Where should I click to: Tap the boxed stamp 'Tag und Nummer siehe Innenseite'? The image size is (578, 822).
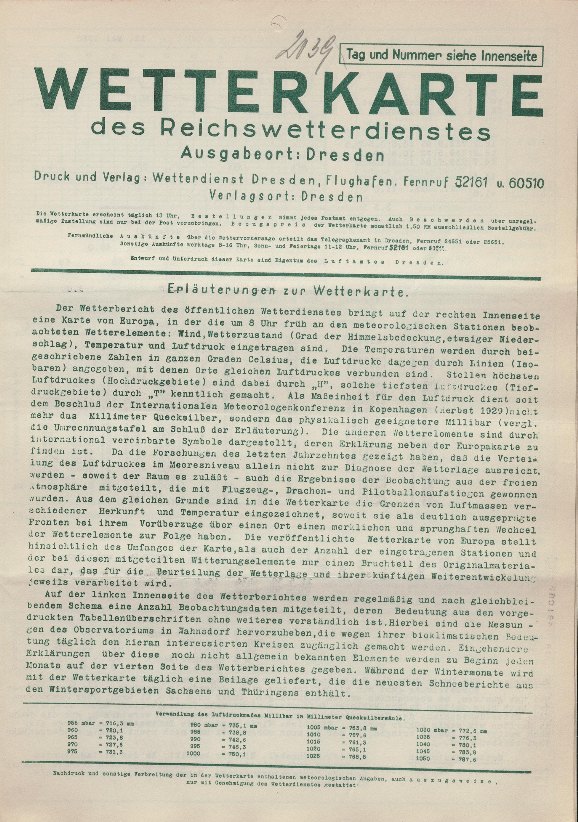point(442,55)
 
